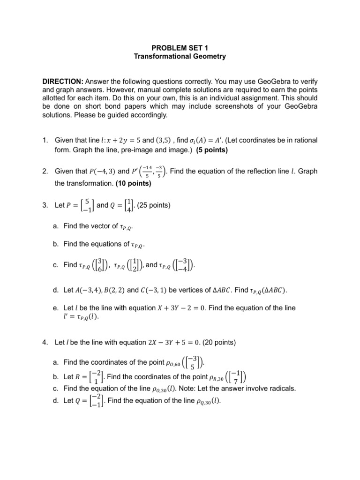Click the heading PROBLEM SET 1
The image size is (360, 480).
(x=180, y=47)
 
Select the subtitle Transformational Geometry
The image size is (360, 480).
(x=180, y=56)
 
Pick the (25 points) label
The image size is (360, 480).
(x=156, y=205)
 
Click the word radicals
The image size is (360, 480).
(x=283, y=389)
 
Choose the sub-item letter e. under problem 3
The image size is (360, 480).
(x=56, y=308)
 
